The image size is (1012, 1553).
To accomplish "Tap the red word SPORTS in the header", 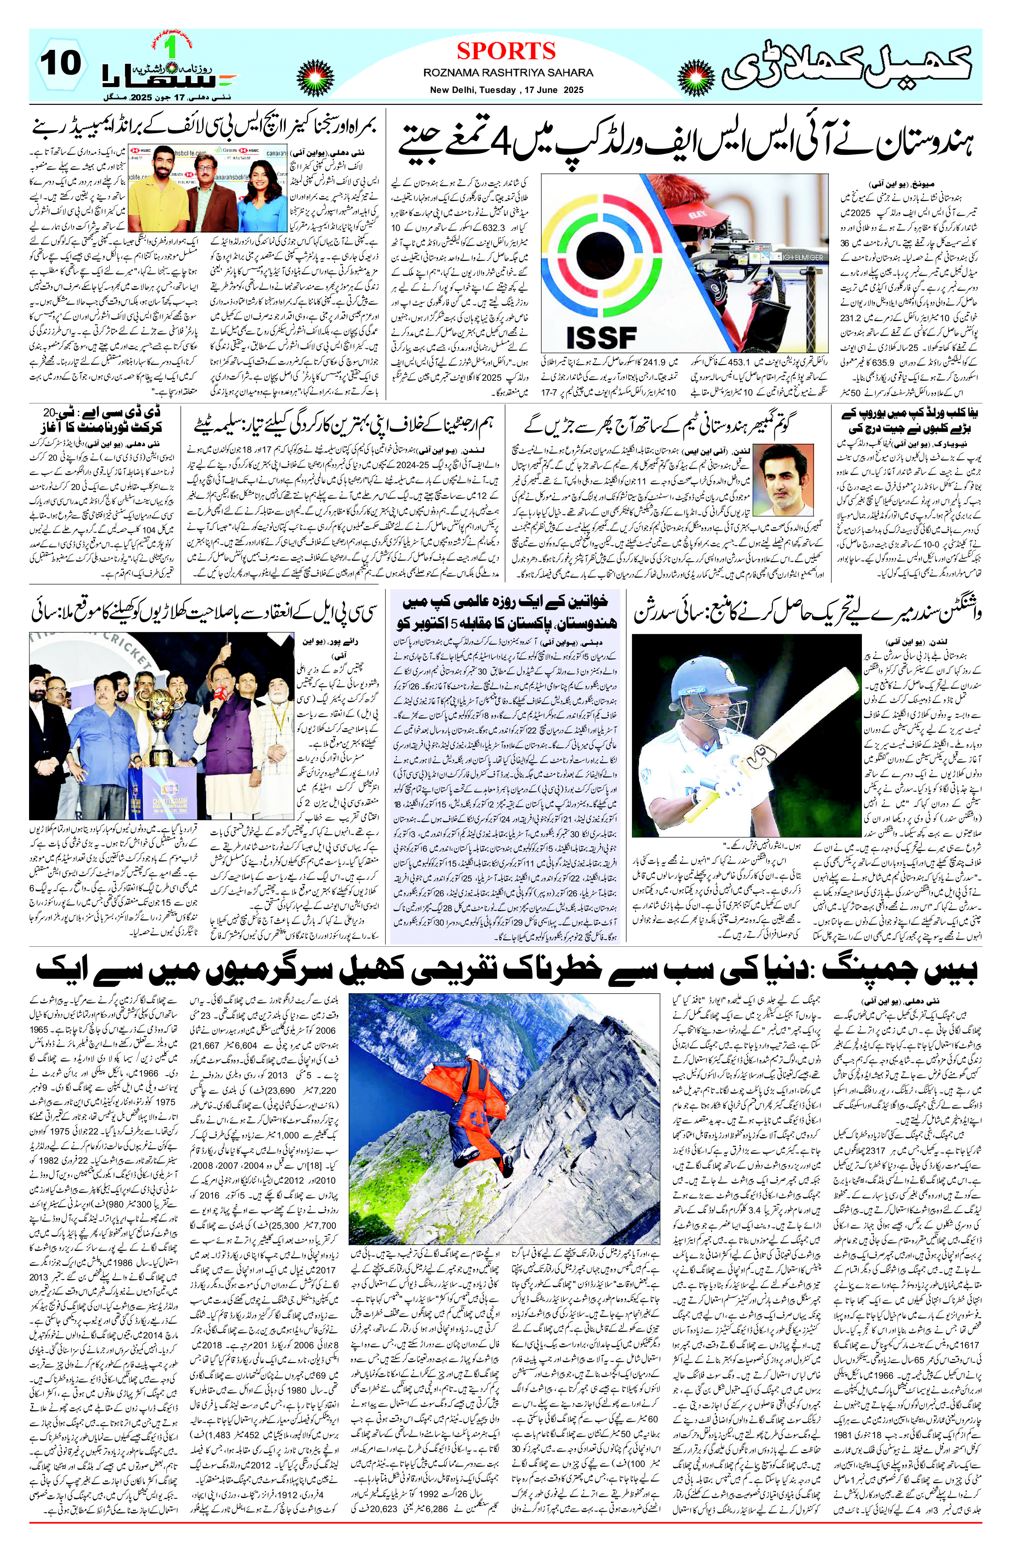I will click(506, 51).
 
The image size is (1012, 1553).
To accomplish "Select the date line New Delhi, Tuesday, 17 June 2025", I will click(506, 90).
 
